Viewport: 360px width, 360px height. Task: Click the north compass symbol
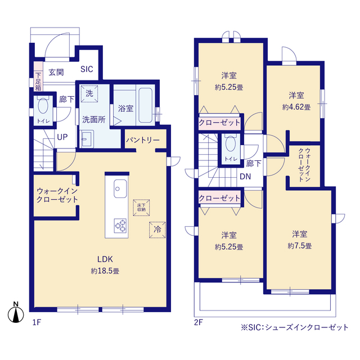click(16, 313)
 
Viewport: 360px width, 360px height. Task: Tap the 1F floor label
click(37, 322)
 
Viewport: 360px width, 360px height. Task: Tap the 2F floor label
click(197, 322)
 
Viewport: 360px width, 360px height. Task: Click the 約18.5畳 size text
click(105, 271)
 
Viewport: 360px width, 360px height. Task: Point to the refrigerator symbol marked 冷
click(158, 229)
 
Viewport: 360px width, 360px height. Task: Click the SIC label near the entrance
click(87, 70)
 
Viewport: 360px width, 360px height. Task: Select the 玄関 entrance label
click(56, 72)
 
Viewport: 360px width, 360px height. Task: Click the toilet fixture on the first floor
click(43, 106)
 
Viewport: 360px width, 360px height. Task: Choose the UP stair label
click(62, 137)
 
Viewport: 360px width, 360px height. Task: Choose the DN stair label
click(246, 177)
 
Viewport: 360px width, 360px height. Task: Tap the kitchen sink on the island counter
click(120, 187)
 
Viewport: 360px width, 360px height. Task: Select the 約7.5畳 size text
click(299, 246)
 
